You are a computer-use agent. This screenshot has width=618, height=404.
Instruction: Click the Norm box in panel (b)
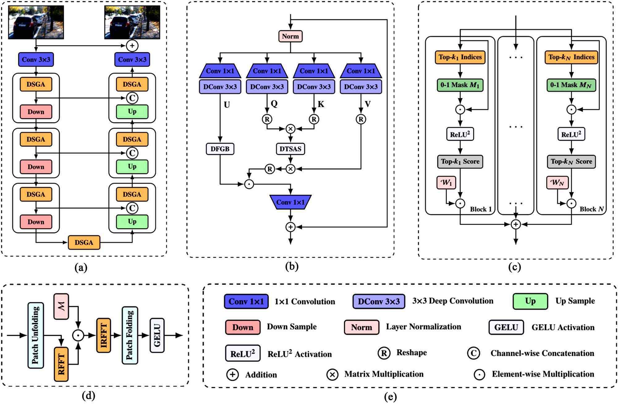pos(290,36)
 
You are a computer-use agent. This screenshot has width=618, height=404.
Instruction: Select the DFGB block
pos(220,149)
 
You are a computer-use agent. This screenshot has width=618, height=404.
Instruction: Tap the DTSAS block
pos(290,149)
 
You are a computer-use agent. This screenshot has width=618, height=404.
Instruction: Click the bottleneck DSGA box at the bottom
pos(84,243)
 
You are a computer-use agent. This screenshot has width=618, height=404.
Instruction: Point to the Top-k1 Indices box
pos(460,57)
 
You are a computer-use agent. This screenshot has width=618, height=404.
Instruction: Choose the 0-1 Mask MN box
pos(571,85)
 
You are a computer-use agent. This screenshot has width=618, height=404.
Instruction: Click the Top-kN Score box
pos(571,161)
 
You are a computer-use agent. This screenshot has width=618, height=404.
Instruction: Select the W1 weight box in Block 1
pos(446,183)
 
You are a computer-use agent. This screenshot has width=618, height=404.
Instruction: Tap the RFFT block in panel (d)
pos(61,364)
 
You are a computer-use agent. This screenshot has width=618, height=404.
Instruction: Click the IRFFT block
pos(104,335)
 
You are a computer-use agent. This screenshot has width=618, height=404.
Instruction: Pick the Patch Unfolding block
pos(36,335)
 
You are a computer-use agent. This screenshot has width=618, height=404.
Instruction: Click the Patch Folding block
pos(130,335)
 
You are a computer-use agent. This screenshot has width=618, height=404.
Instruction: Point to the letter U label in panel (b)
pos(227,105)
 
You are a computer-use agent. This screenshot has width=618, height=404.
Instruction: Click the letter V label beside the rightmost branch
pos(367,104)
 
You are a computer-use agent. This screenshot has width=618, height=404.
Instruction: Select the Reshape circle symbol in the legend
pos(384,353)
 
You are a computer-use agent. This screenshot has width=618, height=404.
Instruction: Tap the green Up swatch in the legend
pos(530,301)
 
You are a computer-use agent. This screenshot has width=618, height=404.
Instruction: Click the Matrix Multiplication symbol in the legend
pos(332,375)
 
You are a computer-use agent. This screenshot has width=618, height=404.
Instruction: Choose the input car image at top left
pos(36,22)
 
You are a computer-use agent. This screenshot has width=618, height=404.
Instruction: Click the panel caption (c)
pos(514,267)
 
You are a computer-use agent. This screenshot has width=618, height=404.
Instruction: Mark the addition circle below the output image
pos(132,46)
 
